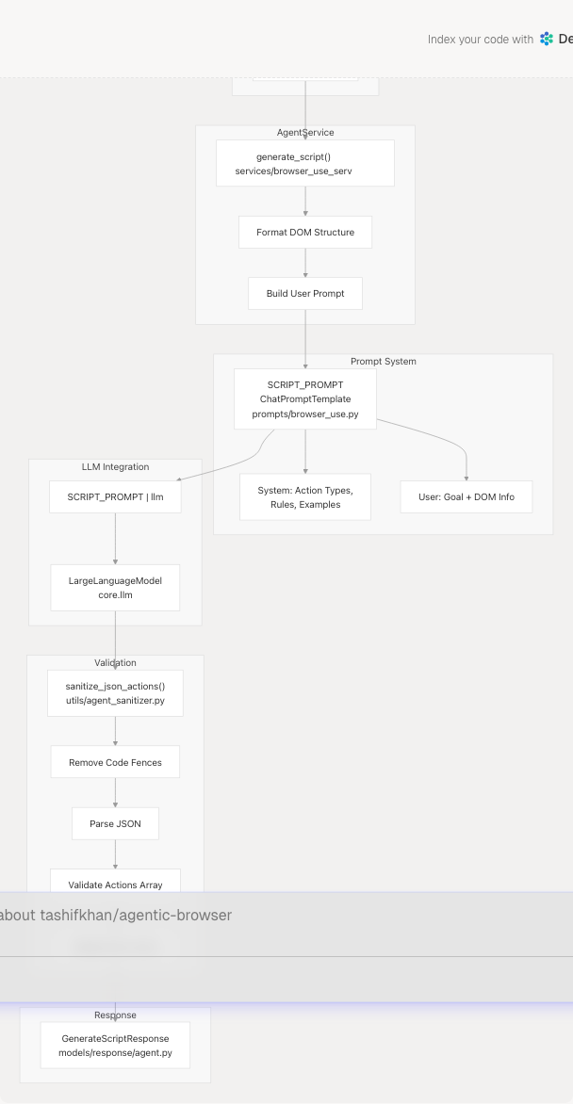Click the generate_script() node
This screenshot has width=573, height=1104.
pyautogui.click(x=305, y=164)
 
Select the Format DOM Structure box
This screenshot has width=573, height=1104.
pyautogui.click(x=305, y=232)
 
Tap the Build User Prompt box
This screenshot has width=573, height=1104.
pyautogui.click(x=305, y=293)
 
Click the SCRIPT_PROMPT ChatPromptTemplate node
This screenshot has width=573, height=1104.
pyautogui.click(x=305, y=398)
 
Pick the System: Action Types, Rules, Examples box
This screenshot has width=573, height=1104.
pyautogui.click(x=305, y=496)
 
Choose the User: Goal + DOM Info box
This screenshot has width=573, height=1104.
pyautogui.click(x=467, y=496)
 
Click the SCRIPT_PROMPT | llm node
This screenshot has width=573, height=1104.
pyautogui.click(x=115, y=496)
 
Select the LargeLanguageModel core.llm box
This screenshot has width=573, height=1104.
pyautogui.click(x=115, y=588)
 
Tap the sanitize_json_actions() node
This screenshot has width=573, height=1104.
pyautogui.click(x=115, y=693)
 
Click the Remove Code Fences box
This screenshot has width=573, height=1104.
pyautogui.click(x=115, y=762)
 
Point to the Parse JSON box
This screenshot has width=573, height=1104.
pyautogui.click(x=115, y=823)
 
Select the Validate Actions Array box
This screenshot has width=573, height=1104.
pyautogui.click(x=115, y=885)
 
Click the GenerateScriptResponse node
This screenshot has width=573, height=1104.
pyautogui.click(x=115, y=1045)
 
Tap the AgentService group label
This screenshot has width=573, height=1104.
pyautogui.click(x=305, y=133)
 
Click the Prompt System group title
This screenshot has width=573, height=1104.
pyautogui.click(x=383, y=361)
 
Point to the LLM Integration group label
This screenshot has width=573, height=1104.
pyautogui.click(x=115, y=466)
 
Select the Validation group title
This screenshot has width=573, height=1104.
pyautogui.click(x=115, y=662)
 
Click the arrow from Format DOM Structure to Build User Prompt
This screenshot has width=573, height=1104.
pyautogui.click(x=305, y=263)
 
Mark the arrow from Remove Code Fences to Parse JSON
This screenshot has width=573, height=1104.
pyautogui.click(x=115, y=793)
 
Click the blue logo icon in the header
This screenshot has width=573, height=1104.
pyautogui.click(x=548, y=40)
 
